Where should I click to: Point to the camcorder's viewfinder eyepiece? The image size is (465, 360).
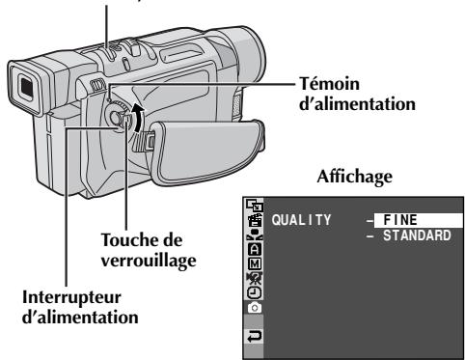tap(26, 93)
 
